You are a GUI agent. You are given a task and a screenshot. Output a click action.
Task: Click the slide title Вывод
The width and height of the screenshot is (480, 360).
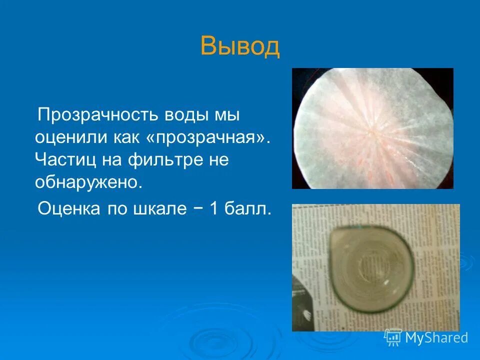pyautogui.click(x=239, y=46)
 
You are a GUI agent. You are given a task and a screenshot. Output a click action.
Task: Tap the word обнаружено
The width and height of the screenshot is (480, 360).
pyautogui.click(x=88, y=182)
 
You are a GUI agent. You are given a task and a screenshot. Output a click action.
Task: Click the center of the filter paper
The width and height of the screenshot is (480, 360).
pyautogui.click(x=372, y=129)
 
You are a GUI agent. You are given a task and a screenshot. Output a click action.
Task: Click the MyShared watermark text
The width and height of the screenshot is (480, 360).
pyautogui.click(x=436, y=338)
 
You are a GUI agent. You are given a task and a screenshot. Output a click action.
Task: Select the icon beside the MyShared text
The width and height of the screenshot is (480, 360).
pyautogui.click(x=393, y=337)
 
